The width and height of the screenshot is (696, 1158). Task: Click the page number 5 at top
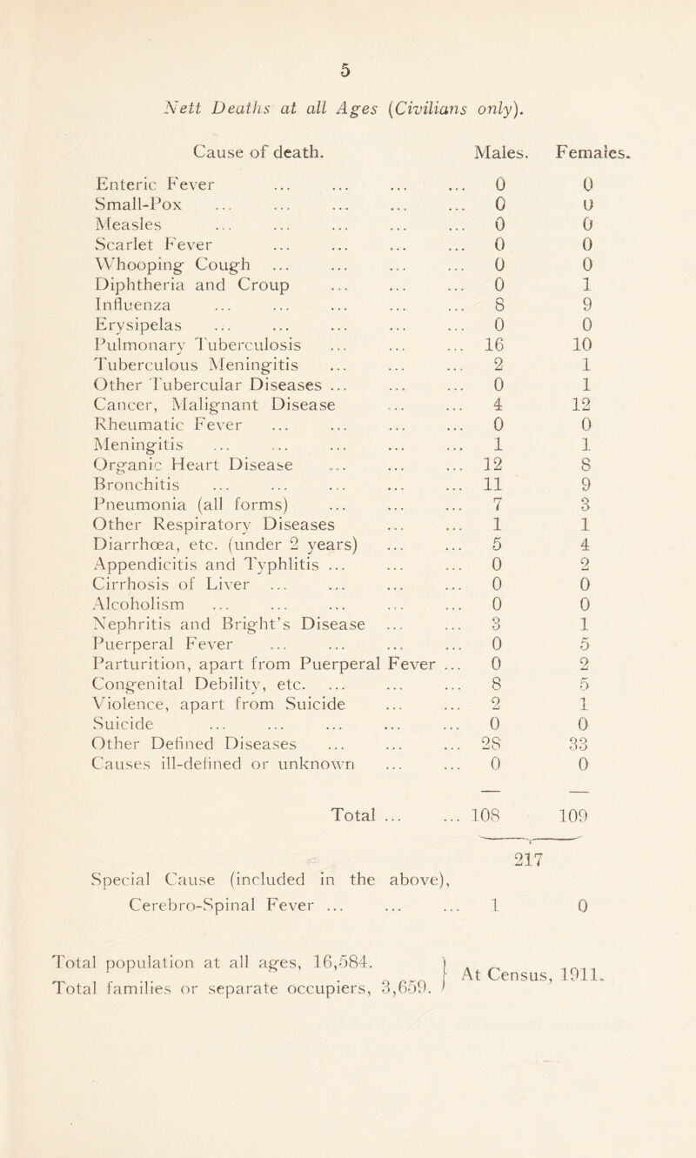pos(346,20)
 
